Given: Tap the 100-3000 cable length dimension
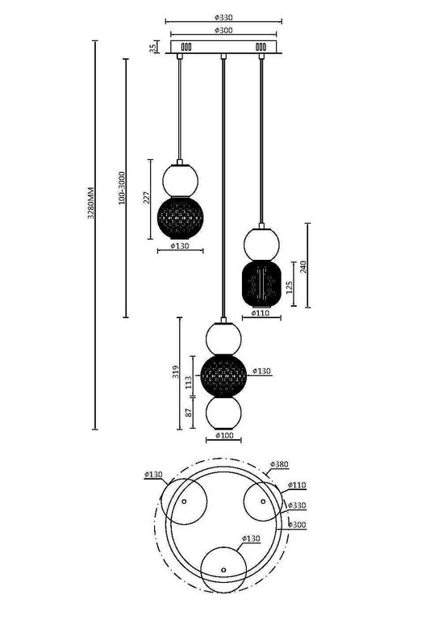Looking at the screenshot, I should pyautogui.click(x=121, y=187).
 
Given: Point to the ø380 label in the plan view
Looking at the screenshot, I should pyautogui.click(x=278, y=464).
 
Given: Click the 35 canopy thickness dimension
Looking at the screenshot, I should pyautogui.click(x=153, y=48).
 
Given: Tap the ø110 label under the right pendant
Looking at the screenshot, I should pyautogui.click(x=260, y=313).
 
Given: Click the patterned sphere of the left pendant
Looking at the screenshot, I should pyautogui.click(x=180, y=216).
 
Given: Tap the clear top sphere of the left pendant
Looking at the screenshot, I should pyautogui.click(x=180, y=177).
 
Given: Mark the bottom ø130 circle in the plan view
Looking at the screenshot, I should pyautogui.click(x=223, y=568).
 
